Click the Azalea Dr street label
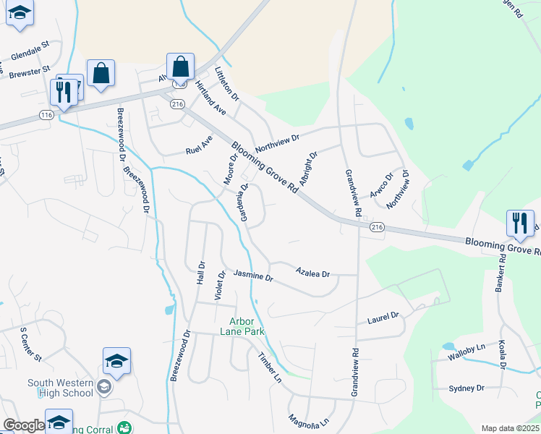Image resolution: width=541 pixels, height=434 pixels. pyautogui.click(x=312, y=273)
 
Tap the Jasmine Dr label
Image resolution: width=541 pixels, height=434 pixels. pyautogui.click(x=253, y=276)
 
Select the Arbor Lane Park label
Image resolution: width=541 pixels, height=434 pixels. pyautogui.click(x=247, y=326)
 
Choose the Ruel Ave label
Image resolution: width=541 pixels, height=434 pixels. pyautogui.click(x=199, y=142)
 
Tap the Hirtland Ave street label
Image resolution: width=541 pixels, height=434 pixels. pyautogui.click(x=210, y=98)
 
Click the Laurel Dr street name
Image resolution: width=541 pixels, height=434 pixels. pyautogui.click(x=383, y=317)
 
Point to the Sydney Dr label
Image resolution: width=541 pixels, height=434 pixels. pyautogui.click(x=467, y=388)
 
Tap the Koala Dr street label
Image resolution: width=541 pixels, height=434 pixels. pyautogui.click(x=500, y=354)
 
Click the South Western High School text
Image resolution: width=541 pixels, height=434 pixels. pyautogui.click(x=61, y=388)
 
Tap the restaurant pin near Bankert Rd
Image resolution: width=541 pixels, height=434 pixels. pyautogui.click(x=519, y=224)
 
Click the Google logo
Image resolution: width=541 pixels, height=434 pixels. pyautogui.click(x=24, y=425)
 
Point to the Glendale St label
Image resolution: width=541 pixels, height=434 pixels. pyautogui.click(x=30, y=51)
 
